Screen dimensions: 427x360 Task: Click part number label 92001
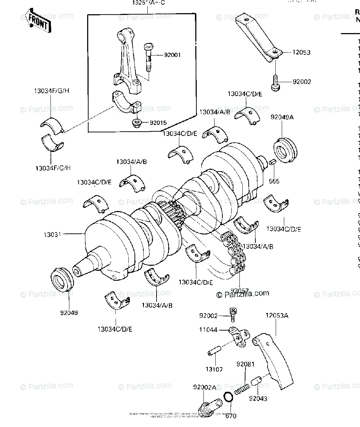(x=173, y=55)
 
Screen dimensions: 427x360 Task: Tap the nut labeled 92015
(x=136, y=123)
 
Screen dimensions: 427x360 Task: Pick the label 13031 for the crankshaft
(x=52, y=234)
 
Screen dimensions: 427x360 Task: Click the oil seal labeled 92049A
(x=285, y=150)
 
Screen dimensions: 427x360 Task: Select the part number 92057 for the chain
(x=239, y=291)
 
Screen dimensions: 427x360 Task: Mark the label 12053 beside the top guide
(x=301, y=52)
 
